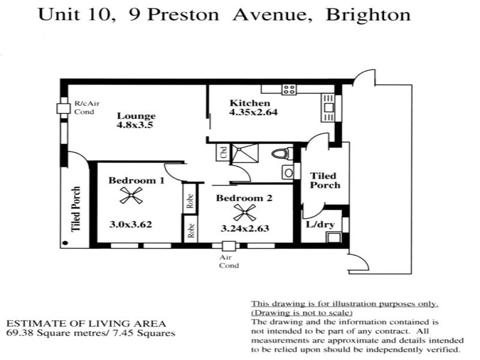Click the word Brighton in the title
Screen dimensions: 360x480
(x=368, y=15)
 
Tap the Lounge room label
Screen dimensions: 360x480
(x=136, y=116)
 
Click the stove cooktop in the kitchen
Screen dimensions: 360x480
(x=289, y=89)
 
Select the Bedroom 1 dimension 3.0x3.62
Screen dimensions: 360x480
(x=130, y=224)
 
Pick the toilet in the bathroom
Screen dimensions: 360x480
(x=280, y=154)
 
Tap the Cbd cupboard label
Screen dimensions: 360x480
(x=222, y=152)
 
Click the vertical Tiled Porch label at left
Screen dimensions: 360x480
(x=76, y=208)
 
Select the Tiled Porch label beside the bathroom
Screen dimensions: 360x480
(x=324, y=181)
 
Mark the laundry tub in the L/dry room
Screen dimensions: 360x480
(x=332, y=236)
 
